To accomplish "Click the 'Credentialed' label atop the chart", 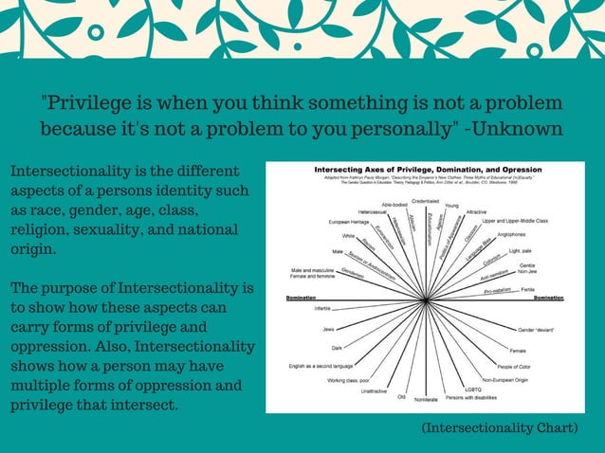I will coord(425,201).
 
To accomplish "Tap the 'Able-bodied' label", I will coord(394,205).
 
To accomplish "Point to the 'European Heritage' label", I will coord(349,221).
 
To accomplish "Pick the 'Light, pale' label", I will coord(521,251).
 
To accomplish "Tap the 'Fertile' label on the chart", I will coord(528,289).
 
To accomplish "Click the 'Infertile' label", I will coord(322,309).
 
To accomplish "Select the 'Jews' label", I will coord(328,329).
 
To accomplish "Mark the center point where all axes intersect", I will coord(428,299).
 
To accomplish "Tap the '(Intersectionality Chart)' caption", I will coord(500,428).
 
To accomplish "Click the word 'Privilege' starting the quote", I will coord(89,103).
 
